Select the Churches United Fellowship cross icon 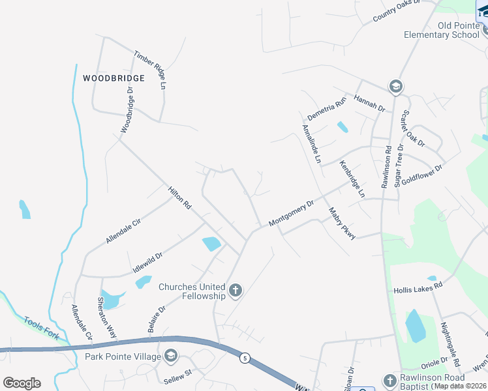tap(235, 291)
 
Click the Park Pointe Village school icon tap(171, 355)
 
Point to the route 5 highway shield tap(245, 358)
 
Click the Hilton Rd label tap(179, 197)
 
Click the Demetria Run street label tap(326, 108)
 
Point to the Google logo tap(22, 383)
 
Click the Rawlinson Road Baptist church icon tap(390, 380)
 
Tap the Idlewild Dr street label tap(147, 261)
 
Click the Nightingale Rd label tap(450, 345)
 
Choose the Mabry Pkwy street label tap(342, 224)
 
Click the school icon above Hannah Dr tap(395, 86)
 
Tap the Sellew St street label tap(176, 373)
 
